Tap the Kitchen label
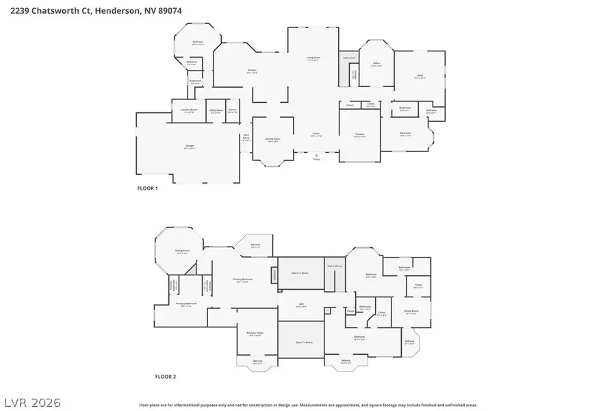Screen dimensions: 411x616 (x=252, y=71)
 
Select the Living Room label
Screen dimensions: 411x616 (x=313, y=59)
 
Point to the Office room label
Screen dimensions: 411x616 (x=376, y=64)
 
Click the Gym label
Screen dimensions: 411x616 (x=420, y=77)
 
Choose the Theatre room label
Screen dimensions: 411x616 (x=359, y=135)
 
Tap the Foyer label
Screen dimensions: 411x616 (x=317, y=134)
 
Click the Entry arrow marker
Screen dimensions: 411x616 (x=316, y=156)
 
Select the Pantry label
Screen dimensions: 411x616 (x=233, y=110)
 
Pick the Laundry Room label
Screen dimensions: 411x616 (x=189, y=110)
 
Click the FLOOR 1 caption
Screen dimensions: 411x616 (x=148, y=188)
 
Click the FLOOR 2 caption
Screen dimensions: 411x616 (x=166, y=377)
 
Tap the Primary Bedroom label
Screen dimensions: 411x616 (x=243, y=280)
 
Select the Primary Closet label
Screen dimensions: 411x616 (x=255, y=334)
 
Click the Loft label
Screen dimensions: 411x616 (x=300, y=305)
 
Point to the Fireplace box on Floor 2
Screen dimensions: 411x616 (x=274, y=274)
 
